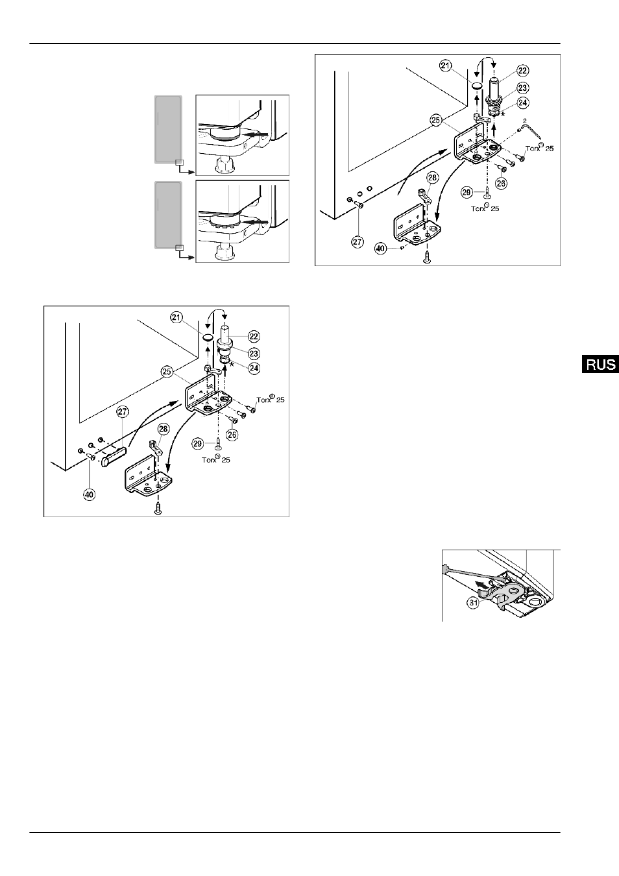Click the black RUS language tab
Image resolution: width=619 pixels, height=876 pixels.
(600, 364)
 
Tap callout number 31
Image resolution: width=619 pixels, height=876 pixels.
(474, 603)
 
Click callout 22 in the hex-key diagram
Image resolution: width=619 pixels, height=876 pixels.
(523, 70)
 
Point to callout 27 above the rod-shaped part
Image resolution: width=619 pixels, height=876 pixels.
(123, 411)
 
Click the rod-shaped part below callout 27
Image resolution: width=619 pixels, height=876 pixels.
(114, 456)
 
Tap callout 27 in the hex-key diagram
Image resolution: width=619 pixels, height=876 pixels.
(358, 241)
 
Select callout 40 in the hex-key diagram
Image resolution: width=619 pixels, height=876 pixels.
(381, 249)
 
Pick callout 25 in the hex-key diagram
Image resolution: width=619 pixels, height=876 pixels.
(435, 120)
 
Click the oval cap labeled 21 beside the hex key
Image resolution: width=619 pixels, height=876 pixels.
(476, 86)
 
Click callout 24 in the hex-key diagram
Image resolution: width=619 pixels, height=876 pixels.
(523, 103)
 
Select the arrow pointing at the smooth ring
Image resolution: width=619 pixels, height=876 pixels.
(256, 134)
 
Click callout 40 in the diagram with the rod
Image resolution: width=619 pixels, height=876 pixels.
(90, 494)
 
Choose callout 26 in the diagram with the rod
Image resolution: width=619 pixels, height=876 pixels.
(232, 435)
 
